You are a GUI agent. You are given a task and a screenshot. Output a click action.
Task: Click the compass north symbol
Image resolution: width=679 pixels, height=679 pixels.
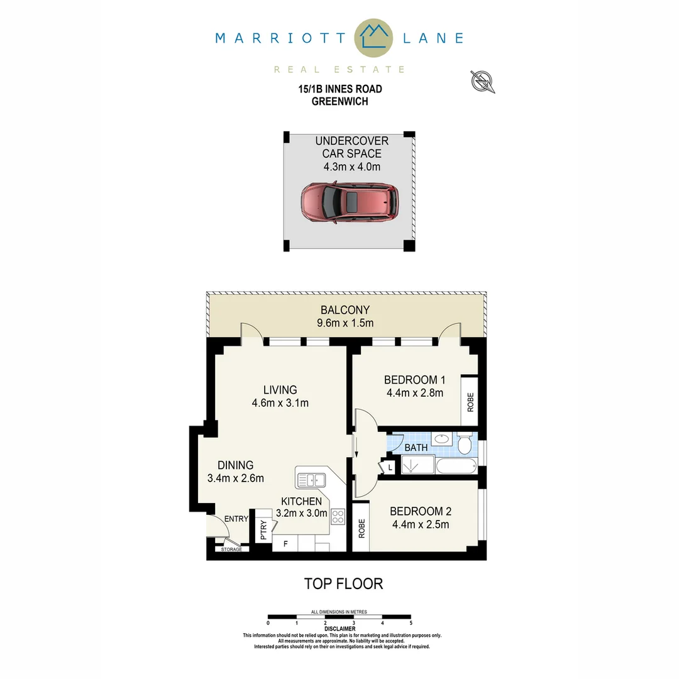pyautogui.click(x=483, y=81)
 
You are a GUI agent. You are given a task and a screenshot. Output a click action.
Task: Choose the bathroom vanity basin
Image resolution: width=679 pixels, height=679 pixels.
pyautogui.click(x=443, y=439)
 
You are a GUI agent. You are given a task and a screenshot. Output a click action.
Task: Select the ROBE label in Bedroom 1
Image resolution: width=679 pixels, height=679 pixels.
pyautogui.click(x=470, y=401)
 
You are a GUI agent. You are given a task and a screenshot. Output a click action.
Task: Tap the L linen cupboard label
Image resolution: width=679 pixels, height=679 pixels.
pyautogui.click(x=390, y=467)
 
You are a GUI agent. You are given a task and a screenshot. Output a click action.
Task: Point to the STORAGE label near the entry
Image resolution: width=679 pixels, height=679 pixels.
pyautogui.click(x=231, y=549)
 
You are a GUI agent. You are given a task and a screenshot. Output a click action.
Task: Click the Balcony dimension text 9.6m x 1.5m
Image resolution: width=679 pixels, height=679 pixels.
pyautogui.click(x=345, y=323)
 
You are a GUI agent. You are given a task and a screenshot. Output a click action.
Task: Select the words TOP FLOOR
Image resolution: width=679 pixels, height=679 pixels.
pyautogui.click(x=343, y=583)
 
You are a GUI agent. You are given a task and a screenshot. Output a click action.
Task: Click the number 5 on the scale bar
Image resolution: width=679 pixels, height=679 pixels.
pyautogui.click(x=411, y=623)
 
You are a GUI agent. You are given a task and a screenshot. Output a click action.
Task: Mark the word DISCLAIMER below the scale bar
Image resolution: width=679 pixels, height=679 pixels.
pyautogui.click(x=340, y=629)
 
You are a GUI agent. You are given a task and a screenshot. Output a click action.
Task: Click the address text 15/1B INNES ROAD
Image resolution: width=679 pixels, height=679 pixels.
pyautogui.click(x=340, y=89)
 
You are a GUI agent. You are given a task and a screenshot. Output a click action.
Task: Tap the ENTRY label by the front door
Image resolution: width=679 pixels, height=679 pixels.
pyautogui.click(x=236, y=519)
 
